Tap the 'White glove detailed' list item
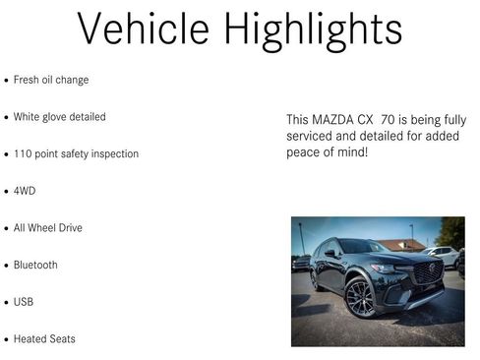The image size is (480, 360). click(59, 117)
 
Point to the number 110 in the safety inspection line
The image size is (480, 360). click(23, 154)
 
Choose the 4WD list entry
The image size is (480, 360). click(25, 191)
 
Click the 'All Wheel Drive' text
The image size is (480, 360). click(48, 228)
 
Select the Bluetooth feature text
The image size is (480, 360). click(35, 266)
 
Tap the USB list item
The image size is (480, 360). click(24, 302)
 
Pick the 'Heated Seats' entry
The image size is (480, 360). click(44, 339)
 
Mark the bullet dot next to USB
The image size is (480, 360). click(7, 303)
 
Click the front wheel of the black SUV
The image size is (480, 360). click(360, 297)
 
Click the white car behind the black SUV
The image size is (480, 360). click(445, 254)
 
